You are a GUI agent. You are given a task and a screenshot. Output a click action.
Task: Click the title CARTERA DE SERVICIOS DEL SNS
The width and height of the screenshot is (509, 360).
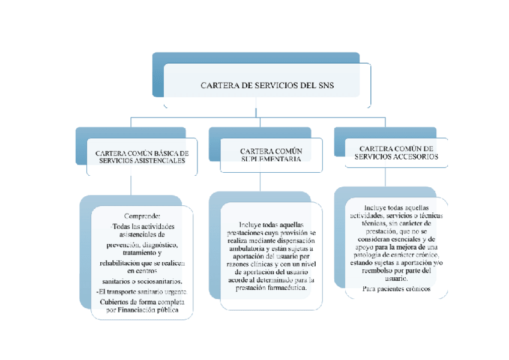tap(267, 86)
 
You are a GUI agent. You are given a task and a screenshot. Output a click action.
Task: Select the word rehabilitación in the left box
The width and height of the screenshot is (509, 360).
tap(123, 263)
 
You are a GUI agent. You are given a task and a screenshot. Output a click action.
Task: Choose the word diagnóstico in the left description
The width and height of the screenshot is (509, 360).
tap(155, 245)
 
